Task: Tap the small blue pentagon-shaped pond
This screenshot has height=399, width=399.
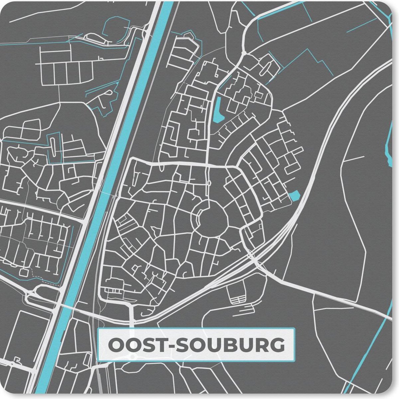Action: (x=294, y=196)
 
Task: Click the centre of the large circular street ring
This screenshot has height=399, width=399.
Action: (x=212, y=220)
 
